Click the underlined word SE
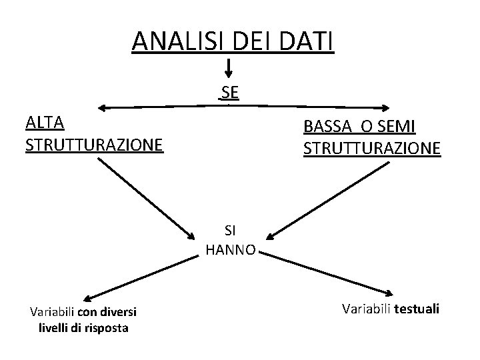tap(230, 91)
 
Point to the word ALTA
tap(44, 123)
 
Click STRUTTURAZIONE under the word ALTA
tap(94, 144)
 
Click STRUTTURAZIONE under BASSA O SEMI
tap(372, 148)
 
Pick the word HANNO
tap(230, 251)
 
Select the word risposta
tap(106, 327)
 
